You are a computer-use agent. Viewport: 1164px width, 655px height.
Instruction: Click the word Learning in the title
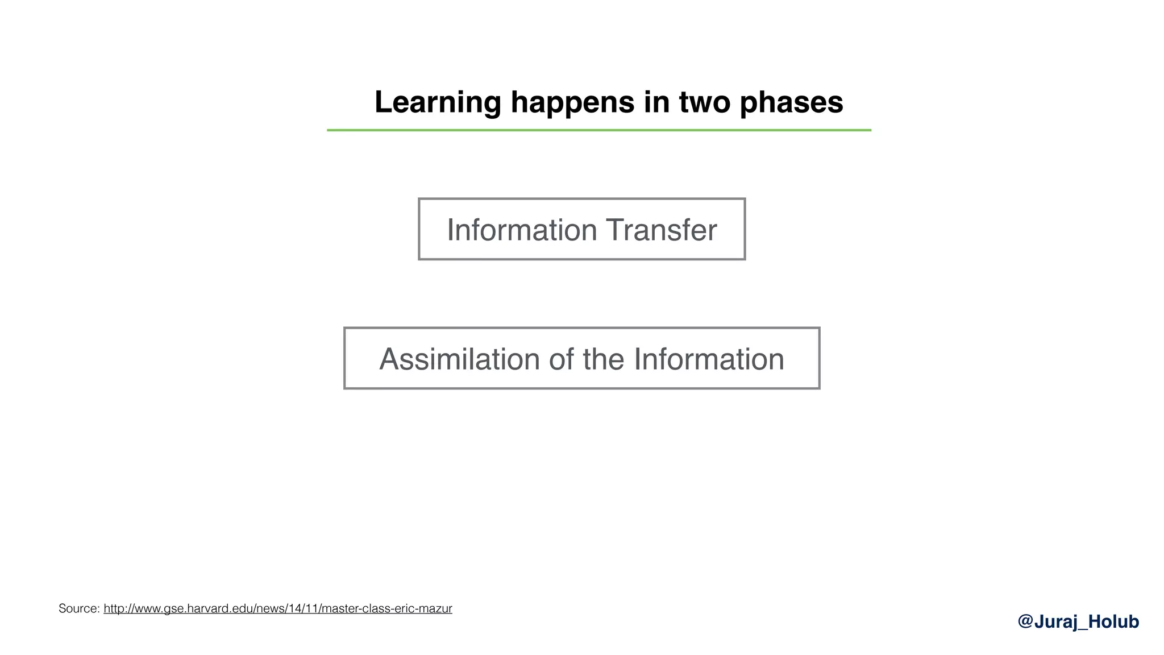click(437, 103)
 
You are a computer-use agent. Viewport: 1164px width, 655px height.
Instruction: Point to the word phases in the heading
click(791, 103)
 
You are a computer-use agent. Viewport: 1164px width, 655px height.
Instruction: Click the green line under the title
click(598, 130)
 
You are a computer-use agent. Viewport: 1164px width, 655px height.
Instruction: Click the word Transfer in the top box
click(661, 230)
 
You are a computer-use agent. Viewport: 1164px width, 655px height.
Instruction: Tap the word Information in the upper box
click(521, 230)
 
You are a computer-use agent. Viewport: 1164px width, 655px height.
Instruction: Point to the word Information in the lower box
click(709, 359)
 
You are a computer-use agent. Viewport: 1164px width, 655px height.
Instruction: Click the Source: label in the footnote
click(79, 609)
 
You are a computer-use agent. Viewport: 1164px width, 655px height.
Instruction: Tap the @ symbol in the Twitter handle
click(1025, 621)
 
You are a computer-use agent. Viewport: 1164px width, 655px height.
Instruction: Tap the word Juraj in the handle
click(1055, 621)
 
